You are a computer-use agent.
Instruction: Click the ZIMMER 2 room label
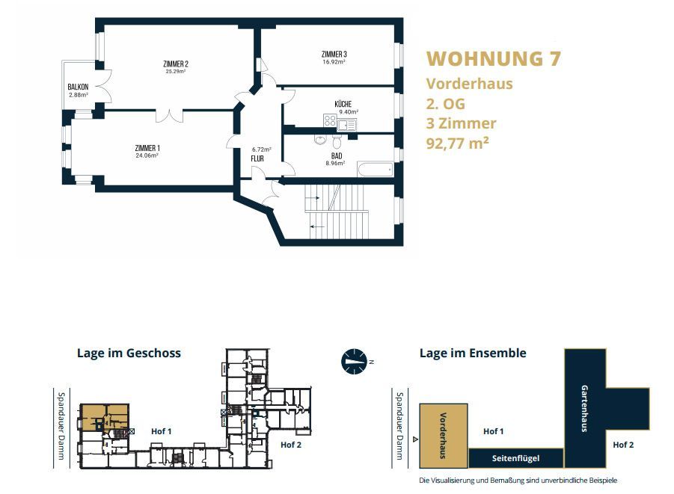pyautogui.click(x=176, y=64)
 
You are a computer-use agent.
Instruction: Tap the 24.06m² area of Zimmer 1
pyautogui.click(x=147, y=155)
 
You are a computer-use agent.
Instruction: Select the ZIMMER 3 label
pyautogui.click(x=334, y=54)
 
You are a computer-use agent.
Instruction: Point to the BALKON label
pyautogui.click(x=78, y=87)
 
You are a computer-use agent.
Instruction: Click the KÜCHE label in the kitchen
pyautogui.click(x=343, y=104)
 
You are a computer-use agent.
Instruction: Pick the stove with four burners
pyautogui.click(x=330, y=121)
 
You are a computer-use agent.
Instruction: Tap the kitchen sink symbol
pyautogui.click(x=346, y=125)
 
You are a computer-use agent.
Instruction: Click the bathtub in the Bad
pyautogui.click(x=376, y=169)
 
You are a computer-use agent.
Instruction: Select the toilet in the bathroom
pyautogui.click(x=337, y=141)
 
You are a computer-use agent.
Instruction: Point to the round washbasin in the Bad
pyautogui.click(x=320, y=139)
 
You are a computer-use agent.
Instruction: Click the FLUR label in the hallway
pyautogui.click(x=257, y=158)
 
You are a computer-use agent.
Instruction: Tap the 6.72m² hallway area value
pyautogui.click(x=261, y=149)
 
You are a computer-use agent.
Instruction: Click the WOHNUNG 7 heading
pyautogui.click(x=494, y=59)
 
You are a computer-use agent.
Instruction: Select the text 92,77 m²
pyautogui.click(x=457, y=143)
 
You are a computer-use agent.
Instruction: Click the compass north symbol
pyautogui.click(x=354, y=361)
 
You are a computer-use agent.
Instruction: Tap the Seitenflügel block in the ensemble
pyautogui.click(x=516, y=458)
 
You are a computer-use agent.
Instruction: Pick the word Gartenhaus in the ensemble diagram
pyautogui.click(x=584, y=408)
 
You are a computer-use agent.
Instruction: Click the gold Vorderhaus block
pyautogui.click(x=443, y=436)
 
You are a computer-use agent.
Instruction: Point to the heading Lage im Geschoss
pyautogui.click(x=129, y=353)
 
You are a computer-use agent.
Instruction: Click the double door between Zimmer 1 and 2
pyautogui.click(x=169, y=115)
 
